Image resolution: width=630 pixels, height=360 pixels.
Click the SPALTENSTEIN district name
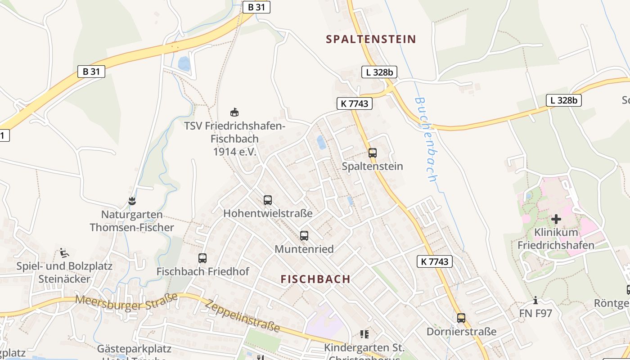click(371, 39)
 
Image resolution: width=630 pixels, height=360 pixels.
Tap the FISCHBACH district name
click(315, 279)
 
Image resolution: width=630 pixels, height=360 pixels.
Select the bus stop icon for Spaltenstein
click(373, 153)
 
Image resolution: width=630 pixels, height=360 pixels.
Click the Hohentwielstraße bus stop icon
click(268, 200)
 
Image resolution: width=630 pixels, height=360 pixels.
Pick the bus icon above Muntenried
click(304, 235)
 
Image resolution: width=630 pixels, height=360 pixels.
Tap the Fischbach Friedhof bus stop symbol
click(202, 258)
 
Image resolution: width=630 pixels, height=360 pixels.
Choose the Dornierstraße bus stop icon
click(461, 318)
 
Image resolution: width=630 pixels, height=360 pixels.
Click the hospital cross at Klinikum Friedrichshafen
click(556, 219)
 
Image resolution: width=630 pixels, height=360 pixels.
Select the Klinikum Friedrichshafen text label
click(556, 239)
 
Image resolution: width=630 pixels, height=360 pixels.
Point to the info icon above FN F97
click(535, 300)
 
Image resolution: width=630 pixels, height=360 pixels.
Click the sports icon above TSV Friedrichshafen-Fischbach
click(234, 112)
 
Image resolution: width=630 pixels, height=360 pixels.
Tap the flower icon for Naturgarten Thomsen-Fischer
click(132, 201)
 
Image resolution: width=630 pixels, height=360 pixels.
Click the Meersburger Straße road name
click(127, 302)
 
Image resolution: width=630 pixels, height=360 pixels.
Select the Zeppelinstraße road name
click(242, 316)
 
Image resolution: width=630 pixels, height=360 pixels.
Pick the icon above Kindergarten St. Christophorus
click(364, 334)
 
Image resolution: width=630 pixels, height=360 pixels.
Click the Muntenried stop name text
click(304, 249)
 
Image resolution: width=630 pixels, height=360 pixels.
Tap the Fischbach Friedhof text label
click(202, 271)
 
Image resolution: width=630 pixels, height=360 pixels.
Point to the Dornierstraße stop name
click(461, 332)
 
